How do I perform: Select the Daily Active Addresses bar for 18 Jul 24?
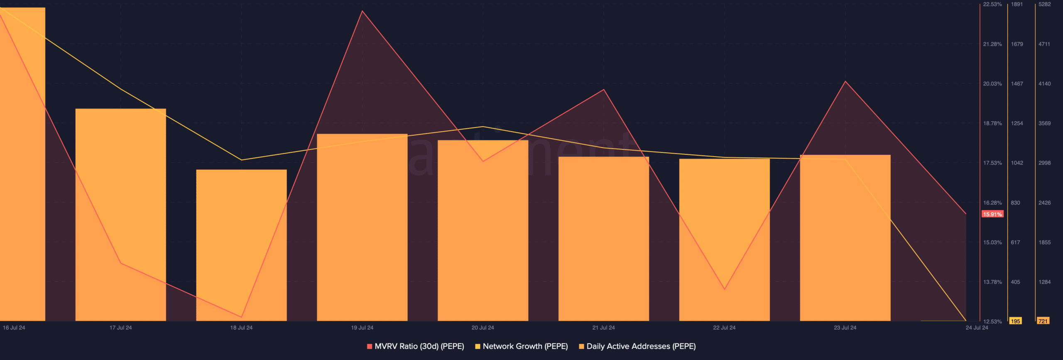tap(241, 245)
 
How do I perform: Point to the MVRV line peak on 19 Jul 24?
tap(362, 11)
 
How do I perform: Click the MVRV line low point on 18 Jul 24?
tap(241, 317)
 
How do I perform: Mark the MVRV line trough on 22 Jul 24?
tap(725, 289)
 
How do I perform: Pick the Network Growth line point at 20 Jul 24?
tap(483, 127)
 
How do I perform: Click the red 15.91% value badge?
tap(992, 214)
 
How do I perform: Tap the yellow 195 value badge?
tap(1015, 321)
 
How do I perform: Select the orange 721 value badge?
tap(1043, 321)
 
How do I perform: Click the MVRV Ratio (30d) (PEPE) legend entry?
tap(416, 346)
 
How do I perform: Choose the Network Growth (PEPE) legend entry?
tap(522, 346)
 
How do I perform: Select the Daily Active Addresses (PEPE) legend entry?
tap(637, 346)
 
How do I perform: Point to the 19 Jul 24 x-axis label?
tap(362, 328)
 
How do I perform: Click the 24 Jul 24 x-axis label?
tap(977, 328)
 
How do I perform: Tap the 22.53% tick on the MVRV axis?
tap(992, 5)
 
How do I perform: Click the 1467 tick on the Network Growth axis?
tap(1017, 84)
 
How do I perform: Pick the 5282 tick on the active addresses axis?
tap(1044, 5)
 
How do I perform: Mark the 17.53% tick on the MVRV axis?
tap(992, 163)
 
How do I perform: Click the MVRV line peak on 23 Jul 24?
tap(845, 81)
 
